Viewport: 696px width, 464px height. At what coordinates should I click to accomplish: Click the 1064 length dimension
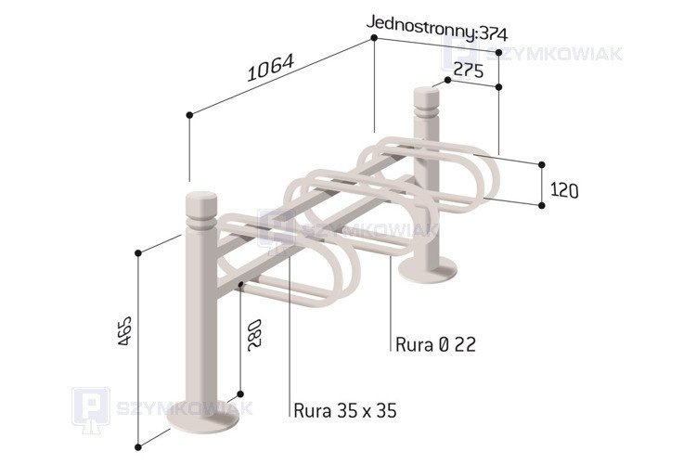(270, 68)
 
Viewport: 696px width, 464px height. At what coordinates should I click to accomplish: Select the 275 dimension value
(469, 71)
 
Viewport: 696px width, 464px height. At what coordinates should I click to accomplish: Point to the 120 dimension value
(564, 190)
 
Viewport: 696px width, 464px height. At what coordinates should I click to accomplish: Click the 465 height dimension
(125, 330)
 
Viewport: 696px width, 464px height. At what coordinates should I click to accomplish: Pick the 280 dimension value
(255, 335)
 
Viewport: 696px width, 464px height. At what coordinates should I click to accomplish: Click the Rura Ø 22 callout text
(435, 344)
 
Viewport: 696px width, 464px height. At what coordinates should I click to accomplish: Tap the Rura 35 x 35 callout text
(345, 410)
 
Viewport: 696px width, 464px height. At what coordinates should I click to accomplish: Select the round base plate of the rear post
(428, 269)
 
